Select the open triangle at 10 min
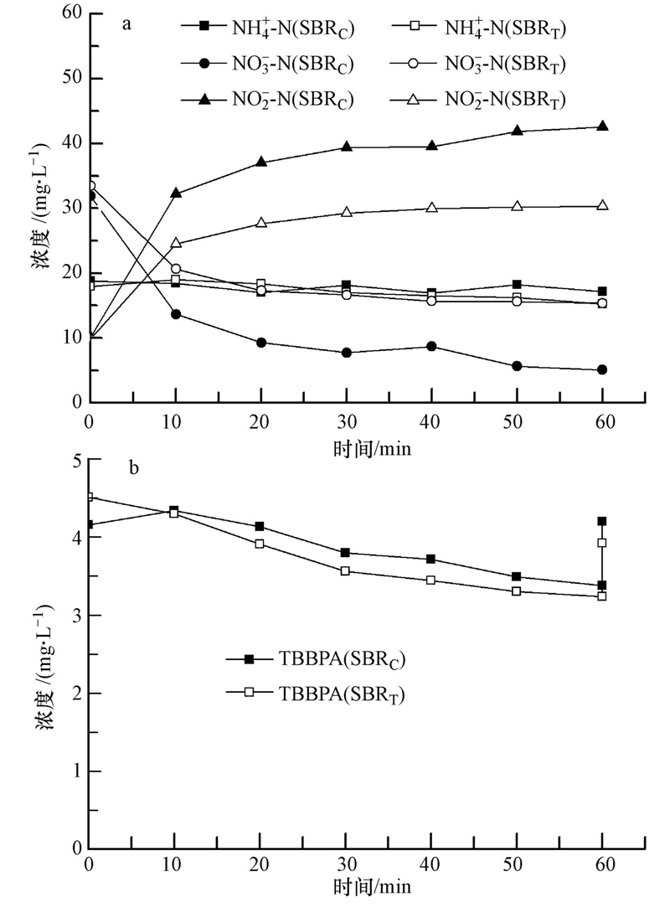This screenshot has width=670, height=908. (175, 243)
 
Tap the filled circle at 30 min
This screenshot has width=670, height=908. (346, 353)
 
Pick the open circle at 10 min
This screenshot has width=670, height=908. (175, 269)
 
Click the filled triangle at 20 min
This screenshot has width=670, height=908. (260, 162)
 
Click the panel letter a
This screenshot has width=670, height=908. (126, 23)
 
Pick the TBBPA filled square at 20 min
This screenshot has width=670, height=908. (260, 526)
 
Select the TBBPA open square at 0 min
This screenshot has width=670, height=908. (89, 497)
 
